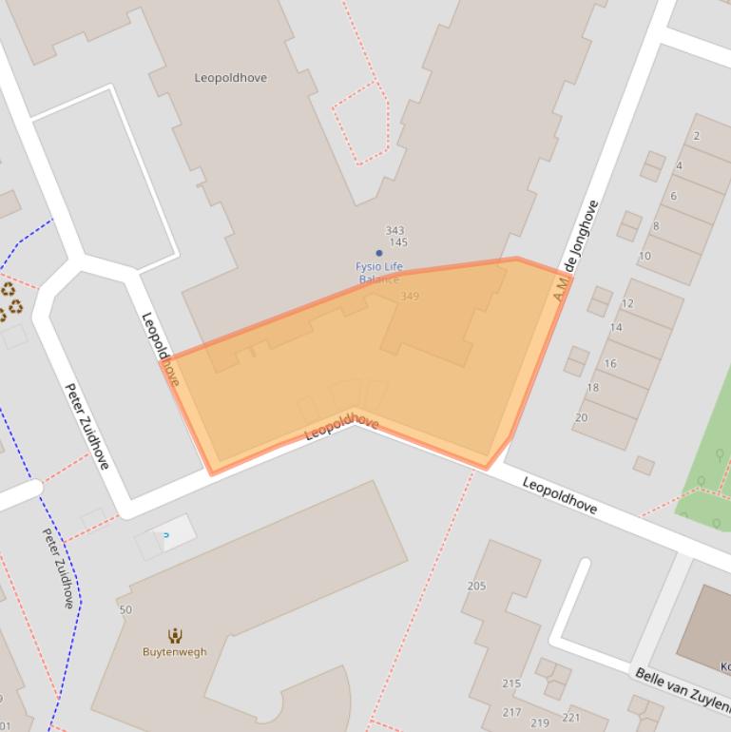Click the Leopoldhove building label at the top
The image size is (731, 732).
pos(230,78)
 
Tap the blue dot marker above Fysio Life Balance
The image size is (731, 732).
pos(378,253)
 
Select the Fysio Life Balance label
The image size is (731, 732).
pos(379,273)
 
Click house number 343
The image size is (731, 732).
pos(394,231)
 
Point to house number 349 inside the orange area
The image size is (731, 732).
pos(410,297)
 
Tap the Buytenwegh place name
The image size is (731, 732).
pos(174,652)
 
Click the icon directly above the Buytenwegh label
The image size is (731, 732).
pos(175,635)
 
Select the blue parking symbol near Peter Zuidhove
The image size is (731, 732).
pos(166,535)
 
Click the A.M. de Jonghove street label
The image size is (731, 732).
pos(577,251)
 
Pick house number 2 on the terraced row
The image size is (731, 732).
pos(696,136)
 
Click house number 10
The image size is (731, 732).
pos(644,256)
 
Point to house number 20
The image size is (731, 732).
pos(581,417)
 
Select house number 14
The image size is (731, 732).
pos(616,328)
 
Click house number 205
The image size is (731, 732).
pos(476,586)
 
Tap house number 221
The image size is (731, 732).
pos(571,718)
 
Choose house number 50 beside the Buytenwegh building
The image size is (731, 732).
pos(125,609)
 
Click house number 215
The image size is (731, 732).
pos(511,684)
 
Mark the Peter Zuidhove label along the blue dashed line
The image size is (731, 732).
pos(59,568)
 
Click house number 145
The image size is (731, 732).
pos(398,243)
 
